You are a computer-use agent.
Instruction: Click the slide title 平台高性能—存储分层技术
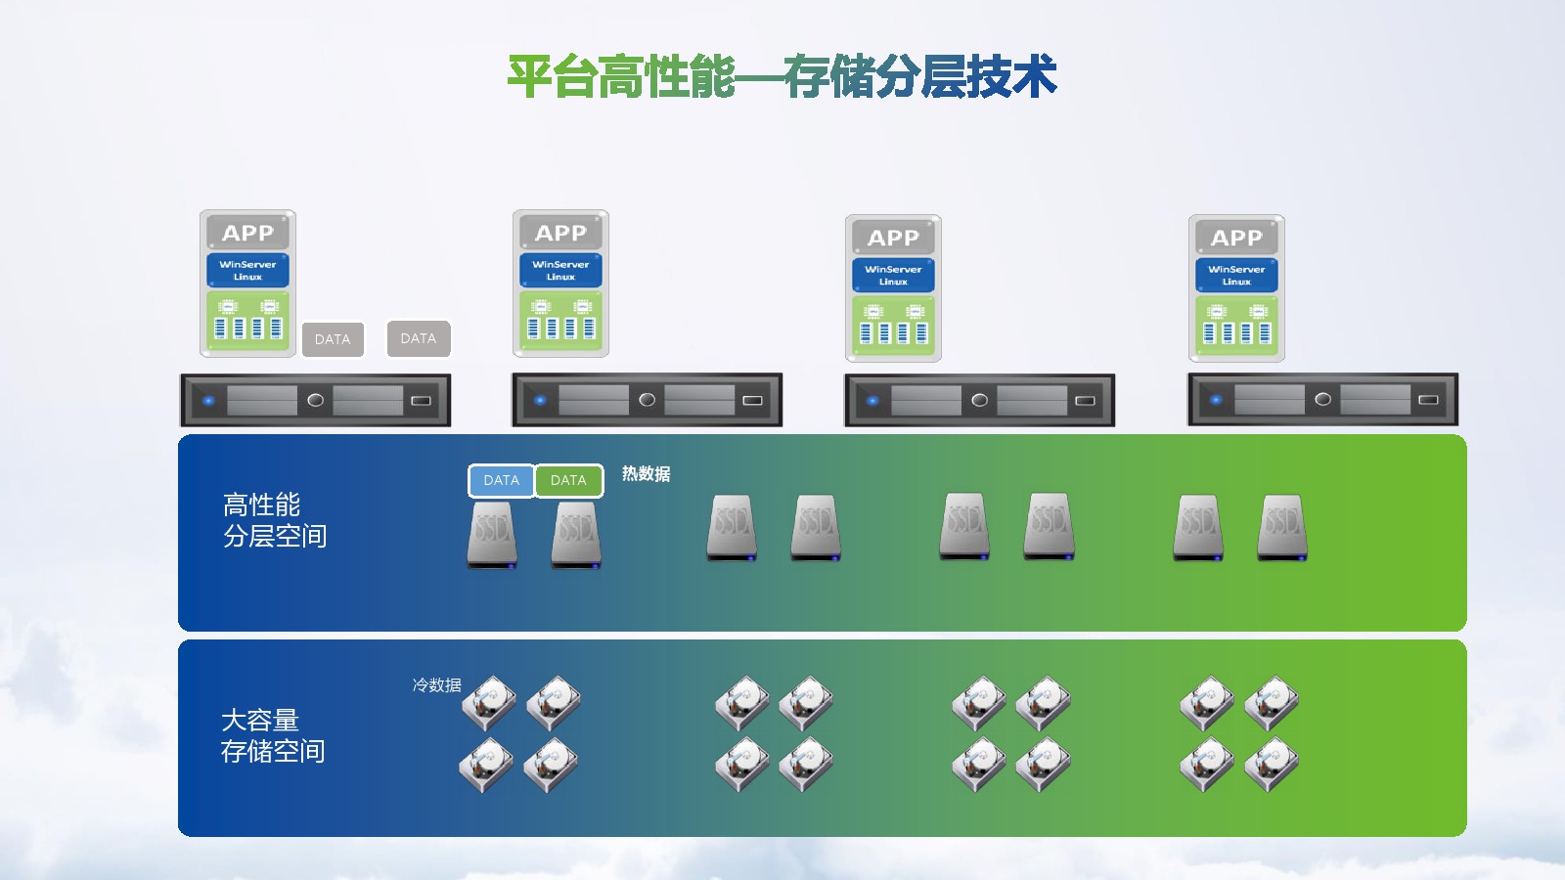[x=782, y=76]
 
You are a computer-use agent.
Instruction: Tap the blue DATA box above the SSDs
[x=501, y=480]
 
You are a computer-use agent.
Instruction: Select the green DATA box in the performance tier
[x=568, y=480]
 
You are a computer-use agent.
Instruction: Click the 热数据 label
[x=647, y=474]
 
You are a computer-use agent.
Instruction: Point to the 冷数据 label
[x=436, y=685]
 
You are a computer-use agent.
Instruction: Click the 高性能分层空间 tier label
[x=275, y=520]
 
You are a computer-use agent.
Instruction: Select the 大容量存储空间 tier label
[x=273, y=735]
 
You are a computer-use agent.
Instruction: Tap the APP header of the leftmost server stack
[x=248, y=233]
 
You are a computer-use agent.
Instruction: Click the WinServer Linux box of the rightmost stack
[x=1236, y=275]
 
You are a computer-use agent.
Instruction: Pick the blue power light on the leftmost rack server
[x=208, y=401]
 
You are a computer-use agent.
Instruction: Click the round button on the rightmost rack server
[x=1322, y=400]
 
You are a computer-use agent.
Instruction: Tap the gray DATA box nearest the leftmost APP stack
[x=333, y=339]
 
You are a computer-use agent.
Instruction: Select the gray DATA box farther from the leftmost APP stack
[x=419, y=338]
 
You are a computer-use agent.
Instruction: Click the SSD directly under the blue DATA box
[x=492, y=536]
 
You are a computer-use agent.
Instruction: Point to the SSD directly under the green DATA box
[x=576, y=536]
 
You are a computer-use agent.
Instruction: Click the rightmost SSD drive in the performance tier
[x=1282, y=528]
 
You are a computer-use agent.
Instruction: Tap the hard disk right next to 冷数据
[x=489, y=703]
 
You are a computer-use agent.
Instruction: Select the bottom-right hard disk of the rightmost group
[x=1271, y=765]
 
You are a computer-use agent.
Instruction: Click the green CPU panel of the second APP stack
[x=560, y=321]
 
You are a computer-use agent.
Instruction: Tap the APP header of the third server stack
[x=893, y=238]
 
